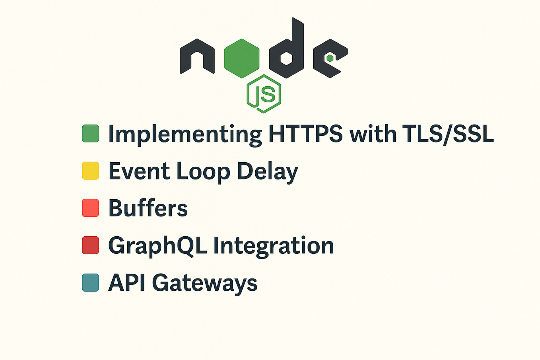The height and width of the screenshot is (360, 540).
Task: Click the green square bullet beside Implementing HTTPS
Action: pos(90,134)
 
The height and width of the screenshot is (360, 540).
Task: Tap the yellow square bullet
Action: pos(90,171)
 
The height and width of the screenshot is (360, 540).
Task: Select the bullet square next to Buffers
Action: pos(90,208)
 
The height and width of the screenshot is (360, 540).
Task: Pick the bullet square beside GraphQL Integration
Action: pos(90,245)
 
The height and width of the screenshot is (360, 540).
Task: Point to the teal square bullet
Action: pos(90,282)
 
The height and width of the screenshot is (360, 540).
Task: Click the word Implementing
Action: pos(185,134)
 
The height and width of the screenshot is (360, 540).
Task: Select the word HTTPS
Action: pos(305,134)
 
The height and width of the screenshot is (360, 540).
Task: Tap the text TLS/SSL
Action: pos(448,134)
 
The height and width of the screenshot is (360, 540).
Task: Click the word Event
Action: pos(139,171)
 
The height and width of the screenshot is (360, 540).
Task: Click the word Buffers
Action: pos(148,208)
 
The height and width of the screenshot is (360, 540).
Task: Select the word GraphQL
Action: pos(157,246)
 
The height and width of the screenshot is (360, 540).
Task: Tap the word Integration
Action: pos(274,246)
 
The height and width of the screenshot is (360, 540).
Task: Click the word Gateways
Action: pos(204,283)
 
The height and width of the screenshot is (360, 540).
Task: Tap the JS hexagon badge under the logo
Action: pos(264,94)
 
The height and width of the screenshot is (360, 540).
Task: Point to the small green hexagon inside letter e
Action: pos(330,58)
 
